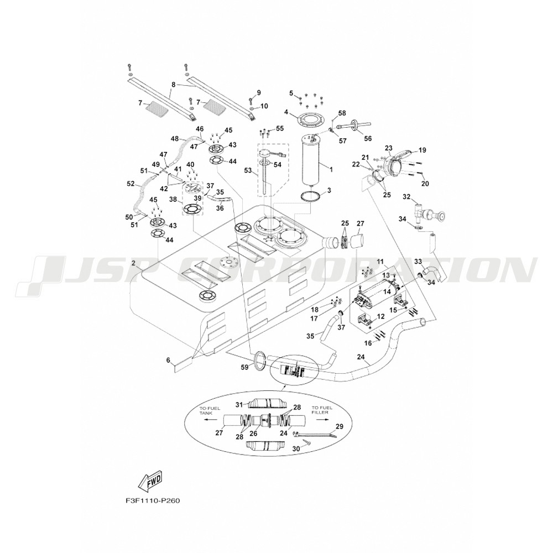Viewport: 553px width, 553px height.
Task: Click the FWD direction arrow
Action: pyautogui.click(x=150, y=482)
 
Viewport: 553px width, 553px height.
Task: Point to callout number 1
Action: pyautogui.click(x=331, y=167)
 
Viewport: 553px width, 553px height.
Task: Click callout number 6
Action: pyautogui.click(x=168, y=360)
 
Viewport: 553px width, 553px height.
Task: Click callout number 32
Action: pyautogui.click(x=406, y=196)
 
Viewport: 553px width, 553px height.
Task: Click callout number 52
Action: pyautogui.click(x=131, y=184)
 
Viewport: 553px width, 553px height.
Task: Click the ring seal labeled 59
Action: pyautogui.click(x=259, y=362)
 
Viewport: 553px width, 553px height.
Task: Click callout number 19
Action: pyautogui.click(x=422, y=149)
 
